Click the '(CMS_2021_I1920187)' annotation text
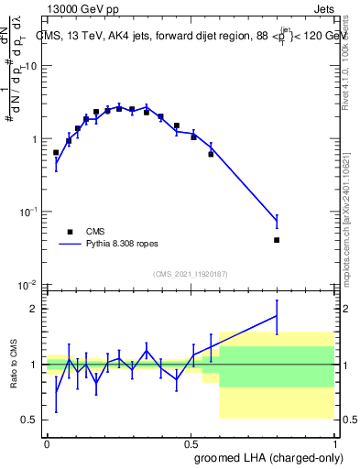tap(190, 273)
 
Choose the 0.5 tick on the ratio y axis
tap(30, 420)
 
